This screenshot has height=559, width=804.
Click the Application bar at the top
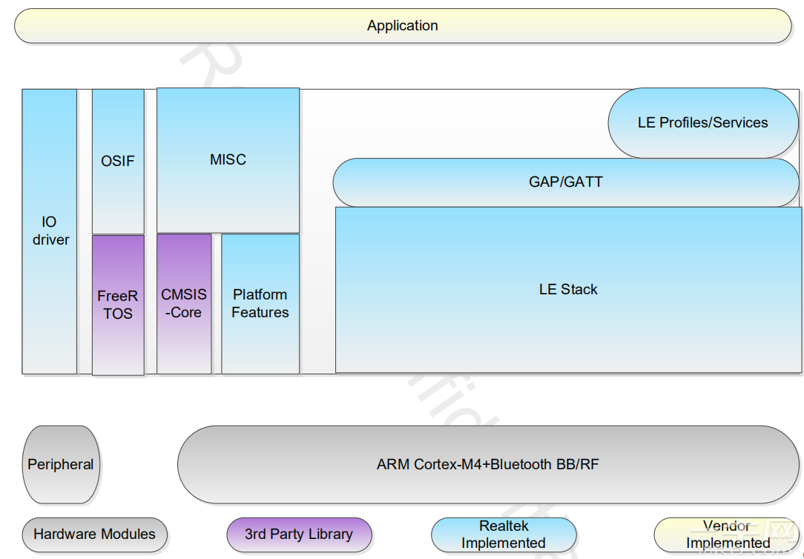pyautogui.click(x=403, y=26)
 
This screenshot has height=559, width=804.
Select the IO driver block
pyautogui.click(x=50, y=231)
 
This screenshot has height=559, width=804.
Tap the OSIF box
pyautogui.click(x=118, y=161)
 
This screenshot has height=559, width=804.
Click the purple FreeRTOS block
pyautogui.click(x=118, y=305)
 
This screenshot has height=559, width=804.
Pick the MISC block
pyautogui.click(x=228, y=160)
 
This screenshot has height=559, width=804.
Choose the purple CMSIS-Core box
pyautogui.click(x=184, y=304)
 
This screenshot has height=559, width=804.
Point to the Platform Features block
pyautogui.click(x=260, y=304)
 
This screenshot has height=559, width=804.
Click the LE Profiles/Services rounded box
pyautogui.click(x=702, y=123)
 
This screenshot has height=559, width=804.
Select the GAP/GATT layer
pyautogui.click(x=566, y=182)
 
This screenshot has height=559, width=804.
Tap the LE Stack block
pyautogui.click(x=567, y=290)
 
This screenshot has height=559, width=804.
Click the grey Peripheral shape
pyautogui.click(x=61, y=465)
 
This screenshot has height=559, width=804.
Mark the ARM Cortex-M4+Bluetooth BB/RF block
pyautogui.click(x=487, y=465)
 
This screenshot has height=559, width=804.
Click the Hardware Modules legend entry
pyautogui.click(x=94, y=535)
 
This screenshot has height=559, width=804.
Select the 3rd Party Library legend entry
pyautogui.click(x=299, y=535)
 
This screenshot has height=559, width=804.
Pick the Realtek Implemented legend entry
pyautogui.click(x=504, y=535)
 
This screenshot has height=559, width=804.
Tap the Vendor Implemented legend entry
pyautogui.click(x=727, y=535)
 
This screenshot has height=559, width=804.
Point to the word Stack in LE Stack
pyautogui.click(x=579, y=290)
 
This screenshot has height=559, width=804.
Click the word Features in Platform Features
pyautogui.click(x=260, y=313)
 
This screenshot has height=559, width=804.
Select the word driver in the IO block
pyautogui.click(x=50, y=240)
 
